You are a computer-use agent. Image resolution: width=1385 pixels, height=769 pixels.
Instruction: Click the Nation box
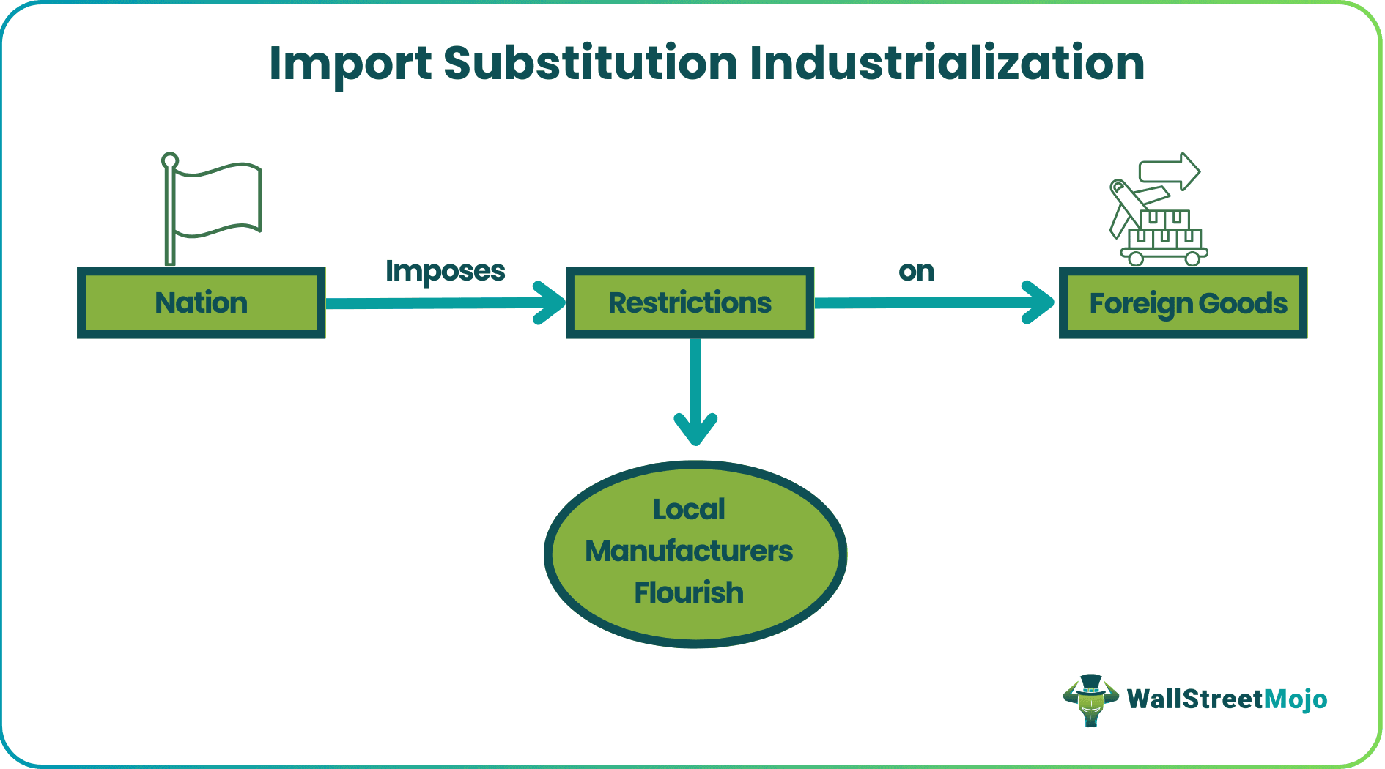(201, 302)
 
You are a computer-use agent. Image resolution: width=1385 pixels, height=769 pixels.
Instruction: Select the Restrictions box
(690, 302)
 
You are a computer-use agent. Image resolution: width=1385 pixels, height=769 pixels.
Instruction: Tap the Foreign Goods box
(1183, 302)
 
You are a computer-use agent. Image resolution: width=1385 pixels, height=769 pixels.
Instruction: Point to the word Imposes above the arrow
(445, 271)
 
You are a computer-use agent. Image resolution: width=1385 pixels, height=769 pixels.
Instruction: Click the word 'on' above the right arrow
(916, 271)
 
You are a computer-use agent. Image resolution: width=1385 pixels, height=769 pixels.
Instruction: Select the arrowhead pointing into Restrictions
(550, 302)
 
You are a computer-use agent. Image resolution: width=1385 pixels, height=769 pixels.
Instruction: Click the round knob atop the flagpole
(170, 160)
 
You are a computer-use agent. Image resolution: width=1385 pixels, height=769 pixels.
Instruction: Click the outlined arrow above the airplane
(1170, 172)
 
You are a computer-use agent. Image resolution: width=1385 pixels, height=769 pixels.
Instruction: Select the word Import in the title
(350, 64)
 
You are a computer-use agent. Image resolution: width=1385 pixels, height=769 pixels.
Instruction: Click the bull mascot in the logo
(1090, 699)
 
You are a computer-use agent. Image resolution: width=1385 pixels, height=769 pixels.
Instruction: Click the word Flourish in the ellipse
(689, 592)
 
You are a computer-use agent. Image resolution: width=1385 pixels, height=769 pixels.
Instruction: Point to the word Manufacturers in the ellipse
(689, 551)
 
